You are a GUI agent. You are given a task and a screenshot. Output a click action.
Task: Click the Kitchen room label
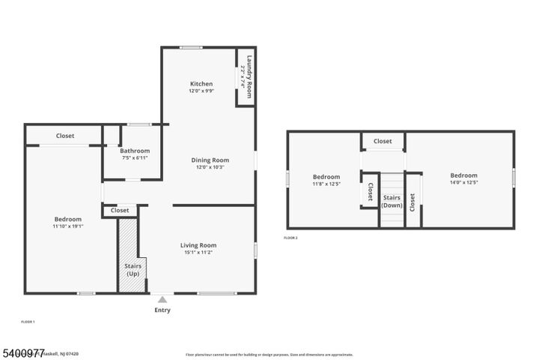click(x=201, y=84)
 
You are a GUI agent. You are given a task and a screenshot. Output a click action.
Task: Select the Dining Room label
click(x=210, y=160)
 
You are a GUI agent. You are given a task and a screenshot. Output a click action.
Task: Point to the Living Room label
click(x=198, y=245)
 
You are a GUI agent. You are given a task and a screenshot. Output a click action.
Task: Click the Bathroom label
click(x=135, y=151)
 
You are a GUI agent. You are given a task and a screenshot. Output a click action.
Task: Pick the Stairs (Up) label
click(x=132, y=269)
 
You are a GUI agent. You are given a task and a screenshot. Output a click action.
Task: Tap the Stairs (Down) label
click(x=392, y=202)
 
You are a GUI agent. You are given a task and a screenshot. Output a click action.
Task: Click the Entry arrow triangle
click(x=162, y=300)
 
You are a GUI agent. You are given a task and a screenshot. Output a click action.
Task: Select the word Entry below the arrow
click(x=162, y=310)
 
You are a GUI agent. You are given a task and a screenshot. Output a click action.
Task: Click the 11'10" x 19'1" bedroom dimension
click(x=67, y=226)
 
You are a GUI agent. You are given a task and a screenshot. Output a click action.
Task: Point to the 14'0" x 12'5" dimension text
click(x=464, y=182)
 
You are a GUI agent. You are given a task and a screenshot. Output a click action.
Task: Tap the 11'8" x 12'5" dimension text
click(x=326, y=183)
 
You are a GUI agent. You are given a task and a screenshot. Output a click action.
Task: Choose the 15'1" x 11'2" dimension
click(x=198, y=253)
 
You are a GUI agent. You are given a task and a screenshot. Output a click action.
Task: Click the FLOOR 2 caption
click(x=290, y=238)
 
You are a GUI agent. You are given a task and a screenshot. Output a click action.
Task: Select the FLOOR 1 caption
click(x=27, y=322)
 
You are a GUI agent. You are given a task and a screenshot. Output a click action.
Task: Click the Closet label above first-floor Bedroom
click(x=65, y=136)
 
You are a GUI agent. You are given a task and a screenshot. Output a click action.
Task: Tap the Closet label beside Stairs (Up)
click(x=120, y=211)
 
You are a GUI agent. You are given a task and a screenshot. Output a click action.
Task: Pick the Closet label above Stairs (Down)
click(x=383, y=141)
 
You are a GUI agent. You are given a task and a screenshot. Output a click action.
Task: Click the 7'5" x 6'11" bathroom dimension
click(x=135, y=157)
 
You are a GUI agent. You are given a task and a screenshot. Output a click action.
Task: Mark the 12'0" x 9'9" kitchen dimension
click(x=201, y=91)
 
